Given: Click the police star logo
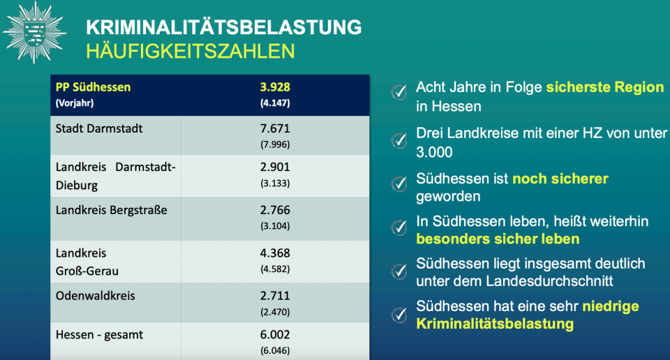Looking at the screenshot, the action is coord(34,33).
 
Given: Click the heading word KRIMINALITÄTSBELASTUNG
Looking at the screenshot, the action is coord(224,27).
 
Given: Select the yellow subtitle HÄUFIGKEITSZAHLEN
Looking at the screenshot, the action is coord(190,51).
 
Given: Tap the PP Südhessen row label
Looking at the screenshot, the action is coord(93,87).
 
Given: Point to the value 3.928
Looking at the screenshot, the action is coord(275,87).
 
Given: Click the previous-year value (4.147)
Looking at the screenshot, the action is coord(275,103).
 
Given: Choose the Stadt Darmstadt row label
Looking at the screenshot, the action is coord(99,128).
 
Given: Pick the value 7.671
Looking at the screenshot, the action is coord(275,128).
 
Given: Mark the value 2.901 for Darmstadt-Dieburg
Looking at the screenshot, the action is coord(275,167).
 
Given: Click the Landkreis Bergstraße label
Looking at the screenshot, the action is coord(111,210).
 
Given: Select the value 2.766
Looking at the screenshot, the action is coord(275,210).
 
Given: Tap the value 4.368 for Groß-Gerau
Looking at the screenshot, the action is coord(275,253).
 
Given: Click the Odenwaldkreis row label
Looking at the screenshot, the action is coord(96,296).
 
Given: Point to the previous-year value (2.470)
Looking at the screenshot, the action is coord(275,312).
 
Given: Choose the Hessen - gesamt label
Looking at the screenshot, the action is coord(99,335).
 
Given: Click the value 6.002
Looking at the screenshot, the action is coord(275,335).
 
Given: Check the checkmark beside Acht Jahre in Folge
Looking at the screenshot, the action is coord(399,92).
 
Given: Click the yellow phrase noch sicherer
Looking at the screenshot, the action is coord(560,179).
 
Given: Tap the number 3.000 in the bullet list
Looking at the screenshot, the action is coord(434,152).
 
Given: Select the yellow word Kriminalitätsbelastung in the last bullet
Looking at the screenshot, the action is coord(495,324).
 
